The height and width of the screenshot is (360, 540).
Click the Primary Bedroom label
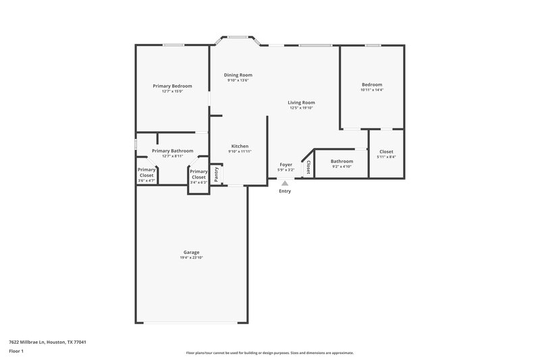coord(172,86)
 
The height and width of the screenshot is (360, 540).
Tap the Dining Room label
coord(238,74)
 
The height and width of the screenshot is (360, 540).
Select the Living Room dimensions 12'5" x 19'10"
coord(302,108)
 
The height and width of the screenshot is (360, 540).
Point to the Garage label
coord(191,252)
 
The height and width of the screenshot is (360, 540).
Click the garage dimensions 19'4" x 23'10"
coord(191,257)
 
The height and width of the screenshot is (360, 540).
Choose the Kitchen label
coord(240,146)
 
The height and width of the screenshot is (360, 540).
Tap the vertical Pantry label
coord(217,174)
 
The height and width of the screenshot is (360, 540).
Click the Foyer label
coord(286,164)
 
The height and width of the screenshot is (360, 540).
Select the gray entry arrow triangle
coord(285,182)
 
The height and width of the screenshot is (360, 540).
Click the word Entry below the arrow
coord(285,191)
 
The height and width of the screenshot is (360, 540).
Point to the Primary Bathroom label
coord(172,151)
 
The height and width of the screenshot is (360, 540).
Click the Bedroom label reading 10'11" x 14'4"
coord(371,84)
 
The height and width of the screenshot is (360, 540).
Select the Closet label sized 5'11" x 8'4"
coord(386,152)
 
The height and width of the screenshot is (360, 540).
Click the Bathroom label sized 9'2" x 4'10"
coord(342,161)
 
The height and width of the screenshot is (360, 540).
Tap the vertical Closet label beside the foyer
coord(308,166)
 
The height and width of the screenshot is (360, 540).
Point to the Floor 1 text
coord(16,352)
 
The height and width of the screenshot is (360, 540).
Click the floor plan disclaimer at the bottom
coord(270,353)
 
